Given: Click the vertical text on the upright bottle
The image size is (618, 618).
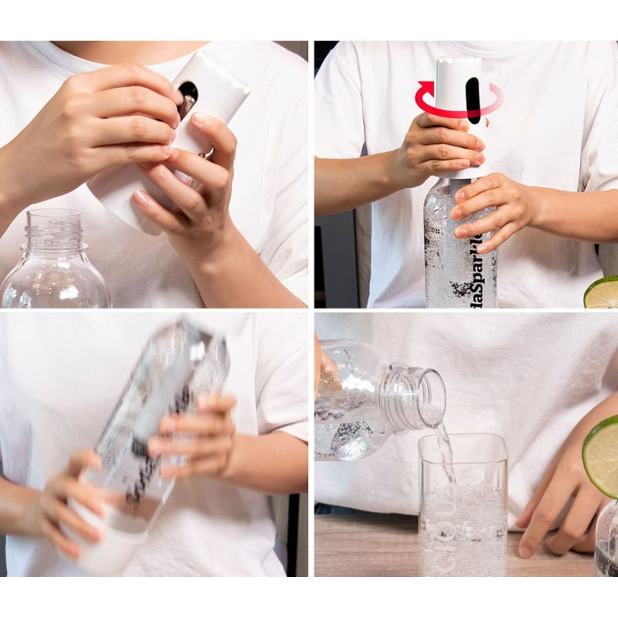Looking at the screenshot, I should click(x=478, y=275).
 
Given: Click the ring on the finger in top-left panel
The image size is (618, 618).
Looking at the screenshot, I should click(x=205, y=153).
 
